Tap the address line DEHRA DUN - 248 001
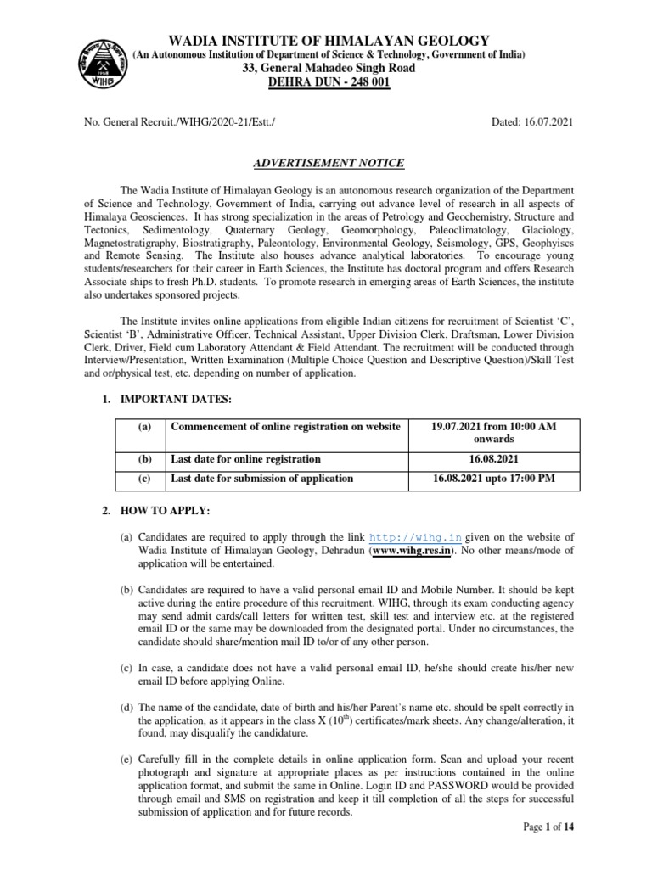(x=329, y=83)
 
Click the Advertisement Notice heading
(x=329, y=163)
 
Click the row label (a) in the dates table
(x=144, y=427)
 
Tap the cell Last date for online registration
(x=246, y=458)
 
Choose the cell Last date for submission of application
(x=262, y=479)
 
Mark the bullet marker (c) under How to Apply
(x=126, y=668)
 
